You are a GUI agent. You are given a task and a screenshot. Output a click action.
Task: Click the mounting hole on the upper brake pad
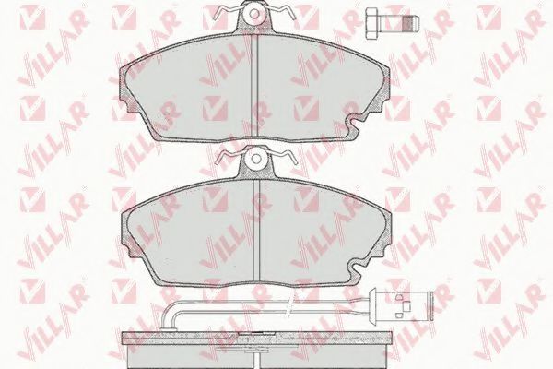pos(254,14)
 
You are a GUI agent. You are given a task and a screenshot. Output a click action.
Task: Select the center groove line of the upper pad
pos(254,86)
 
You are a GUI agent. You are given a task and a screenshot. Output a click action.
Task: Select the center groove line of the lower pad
pos(256,229)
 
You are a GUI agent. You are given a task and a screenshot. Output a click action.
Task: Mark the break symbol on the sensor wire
pos(289,306)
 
